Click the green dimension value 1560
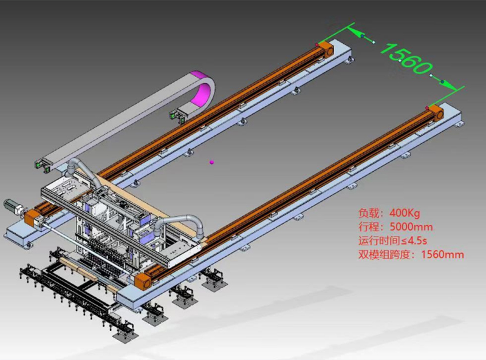406,59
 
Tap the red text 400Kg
405,213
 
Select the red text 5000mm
411,227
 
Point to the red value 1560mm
443,254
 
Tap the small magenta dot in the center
211,161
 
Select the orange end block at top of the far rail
326,49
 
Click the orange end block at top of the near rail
436,112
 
